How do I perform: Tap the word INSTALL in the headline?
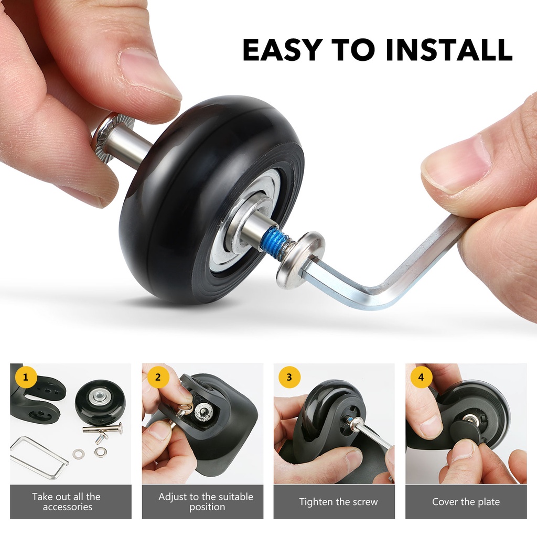point(449,50)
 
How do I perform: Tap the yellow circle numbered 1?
point(26,377)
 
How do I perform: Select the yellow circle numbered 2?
point(157,377)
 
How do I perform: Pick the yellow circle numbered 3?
point(289,377)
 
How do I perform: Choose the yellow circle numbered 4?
point(421,377)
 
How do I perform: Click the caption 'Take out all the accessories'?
point(67,501)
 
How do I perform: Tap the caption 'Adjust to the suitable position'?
point(206,501)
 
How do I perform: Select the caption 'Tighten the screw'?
point(338,502)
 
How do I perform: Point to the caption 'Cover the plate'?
point(466,502)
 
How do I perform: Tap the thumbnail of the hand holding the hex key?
point(334,424)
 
